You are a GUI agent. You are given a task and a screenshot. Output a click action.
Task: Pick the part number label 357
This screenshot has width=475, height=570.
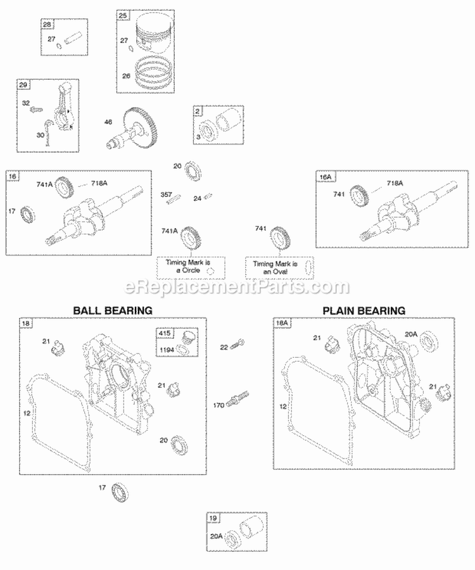(167, 194)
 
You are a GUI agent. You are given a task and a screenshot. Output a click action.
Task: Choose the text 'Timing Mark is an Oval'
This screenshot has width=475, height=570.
(272, 267)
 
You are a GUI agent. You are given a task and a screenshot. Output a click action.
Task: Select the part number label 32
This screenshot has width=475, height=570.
(26, 103)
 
